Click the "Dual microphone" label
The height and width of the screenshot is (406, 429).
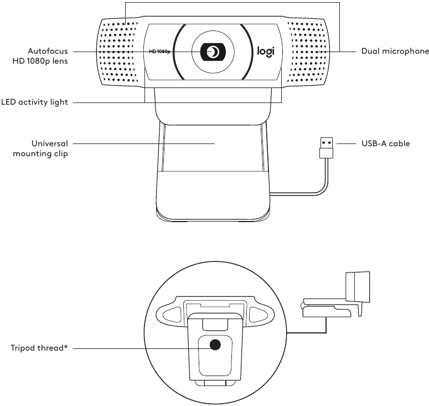(x=395, y=51)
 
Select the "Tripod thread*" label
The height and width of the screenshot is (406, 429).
(x=39, y=349)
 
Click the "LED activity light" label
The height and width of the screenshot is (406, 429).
(x=34, y=102)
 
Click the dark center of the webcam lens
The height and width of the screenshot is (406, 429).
(x=213, y=52)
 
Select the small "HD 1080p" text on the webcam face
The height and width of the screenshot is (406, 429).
(x=159, y=52)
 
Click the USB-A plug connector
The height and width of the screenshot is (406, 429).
(x=327, y=147)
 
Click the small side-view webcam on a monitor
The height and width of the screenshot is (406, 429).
(x=332, y=300)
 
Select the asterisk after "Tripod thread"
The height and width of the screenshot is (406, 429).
(x=65, y=348)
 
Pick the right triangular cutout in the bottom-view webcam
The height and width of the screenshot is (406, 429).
(x=258, y=315)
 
